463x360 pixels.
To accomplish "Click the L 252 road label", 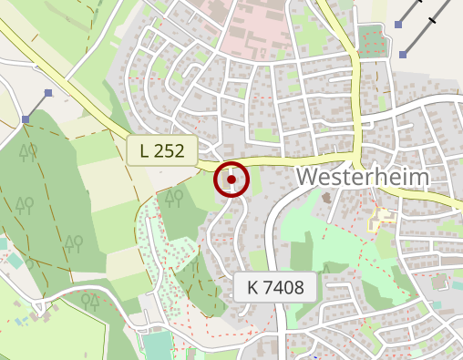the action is coord(162,150).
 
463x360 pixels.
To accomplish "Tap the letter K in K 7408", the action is coord(253,289).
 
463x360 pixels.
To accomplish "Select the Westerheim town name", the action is coord(363,175).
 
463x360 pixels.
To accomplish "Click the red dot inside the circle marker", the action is coord(232,180).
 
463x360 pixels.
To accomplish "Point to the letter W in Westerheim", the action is coord(309,175).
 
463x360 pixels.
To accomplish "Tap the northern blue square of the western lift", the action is coord(48,93).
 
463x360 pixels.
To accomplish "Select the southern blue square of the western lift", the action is coord(26,119).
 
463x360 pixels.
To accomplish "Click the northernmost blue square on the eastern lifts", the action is coord(399,23).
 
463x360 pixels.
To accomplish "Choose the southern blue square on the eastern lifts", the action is coord(402,55).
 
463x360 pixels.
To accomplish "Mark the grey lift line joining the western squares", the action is coord(37,106).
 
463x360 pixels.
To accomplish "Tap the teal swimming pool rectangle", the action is coord(157,345).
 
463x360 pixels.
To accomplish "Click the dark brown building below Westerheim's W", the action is coord(327,198).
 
